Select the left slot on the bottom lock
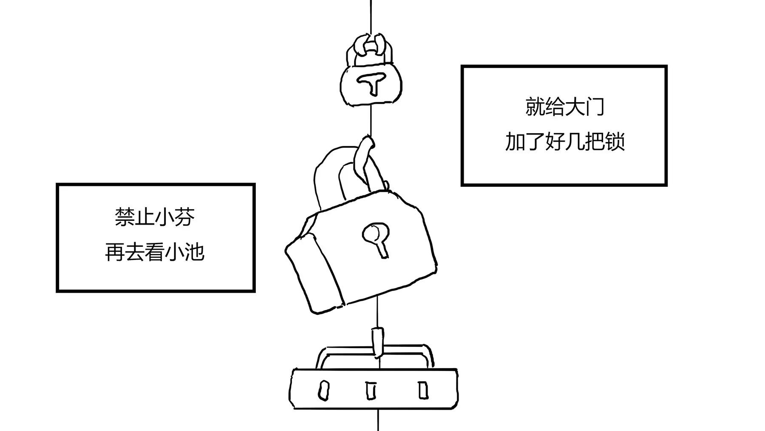(x=324, y=390)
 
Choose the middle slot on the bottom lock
(x=371, y=391)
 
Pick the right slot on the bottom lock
(x=423, y=390)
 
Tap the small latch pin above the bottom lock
(x=377, y=341)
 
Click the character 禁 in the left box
(x=125, y=217)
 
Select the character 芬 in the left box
(x=184, y=217)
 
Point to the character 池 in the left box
(x=194, y=252)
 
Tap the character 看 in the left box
(x=155, y=252)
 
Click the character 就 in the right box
(x=535, y=106)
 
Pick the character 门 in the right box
(x=595, y=106)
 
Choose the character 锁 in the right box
(x=615, y=142)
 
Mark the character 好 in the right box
(x=555, y=142)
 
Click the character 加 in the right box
(x=515, y=142)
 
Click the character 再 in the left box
(x=115, y=252)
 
